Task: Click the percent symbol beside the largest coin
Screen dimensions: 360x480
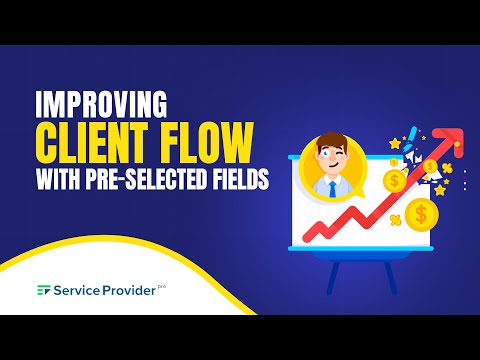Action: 396,219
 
